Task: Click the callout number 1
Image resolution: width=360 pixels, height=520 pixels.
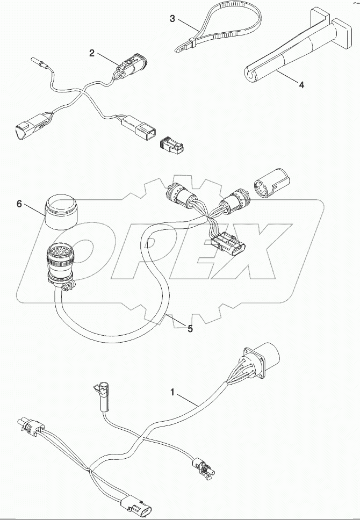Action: [x=172, y=393]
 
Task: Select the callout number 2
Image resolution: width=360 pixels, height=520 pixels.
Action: [x=92, y=53]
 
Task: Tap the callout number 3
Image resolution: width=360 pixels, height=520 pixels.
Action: [x=172, y=19]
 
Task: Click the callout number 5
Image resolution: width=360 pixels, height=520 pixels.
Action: [x=190, y=328]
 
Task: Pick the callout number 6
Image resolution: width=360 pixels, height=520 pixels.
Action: [x=19, y=205]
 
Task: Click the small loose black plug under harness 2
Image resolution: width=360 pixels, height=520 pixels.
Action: [x=170, y=143]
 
